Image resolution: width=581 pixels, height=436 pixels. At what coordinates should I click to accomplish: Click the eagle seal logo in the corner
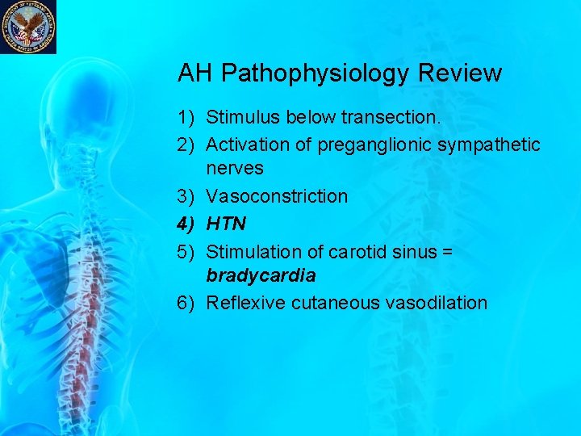[x=28, y=26]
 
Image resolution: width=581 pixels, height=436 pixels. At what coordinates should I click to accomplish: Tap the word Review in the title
[x=460, y=73]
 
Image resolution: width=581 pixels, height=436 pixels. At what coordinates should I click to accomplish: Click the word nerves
[x=235, y=169]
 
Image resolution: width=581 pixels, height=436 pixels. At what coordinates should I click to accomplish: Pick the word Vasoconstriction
[x=277, y=196]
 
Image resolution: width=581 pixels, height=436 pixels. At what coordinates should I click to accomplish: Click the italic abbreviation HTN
[x=227, y=224]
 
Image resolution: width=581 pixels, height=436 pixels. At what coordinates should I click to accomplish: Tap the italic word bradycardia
[x=261, y=275]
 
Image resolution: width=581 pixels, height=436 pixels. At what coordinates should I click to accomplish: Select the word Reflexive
[x=245, y=303]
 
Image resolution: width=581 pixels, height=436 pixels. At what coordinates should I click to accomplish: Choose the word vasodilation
[x=436, y=303]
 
